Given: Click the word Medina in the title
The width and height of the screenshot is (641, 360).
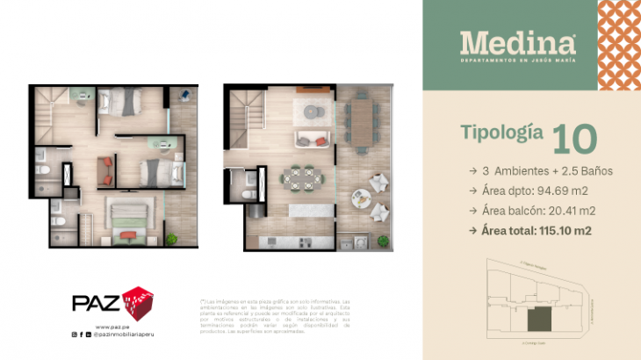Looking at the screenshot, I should [518, 42].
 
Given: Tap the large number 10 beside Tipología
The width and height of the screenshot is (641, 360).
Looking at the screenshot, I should [574, 138].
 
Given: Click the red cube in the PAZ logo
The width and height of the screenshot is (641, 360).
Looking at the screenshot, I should [137, 304].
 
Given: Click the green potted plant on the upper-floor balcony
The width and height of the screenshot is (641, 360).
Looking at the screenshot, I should [171, 238].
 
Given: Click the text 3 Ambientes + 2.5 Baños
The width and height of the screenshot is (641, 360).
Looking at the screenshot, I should [544, 169].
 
